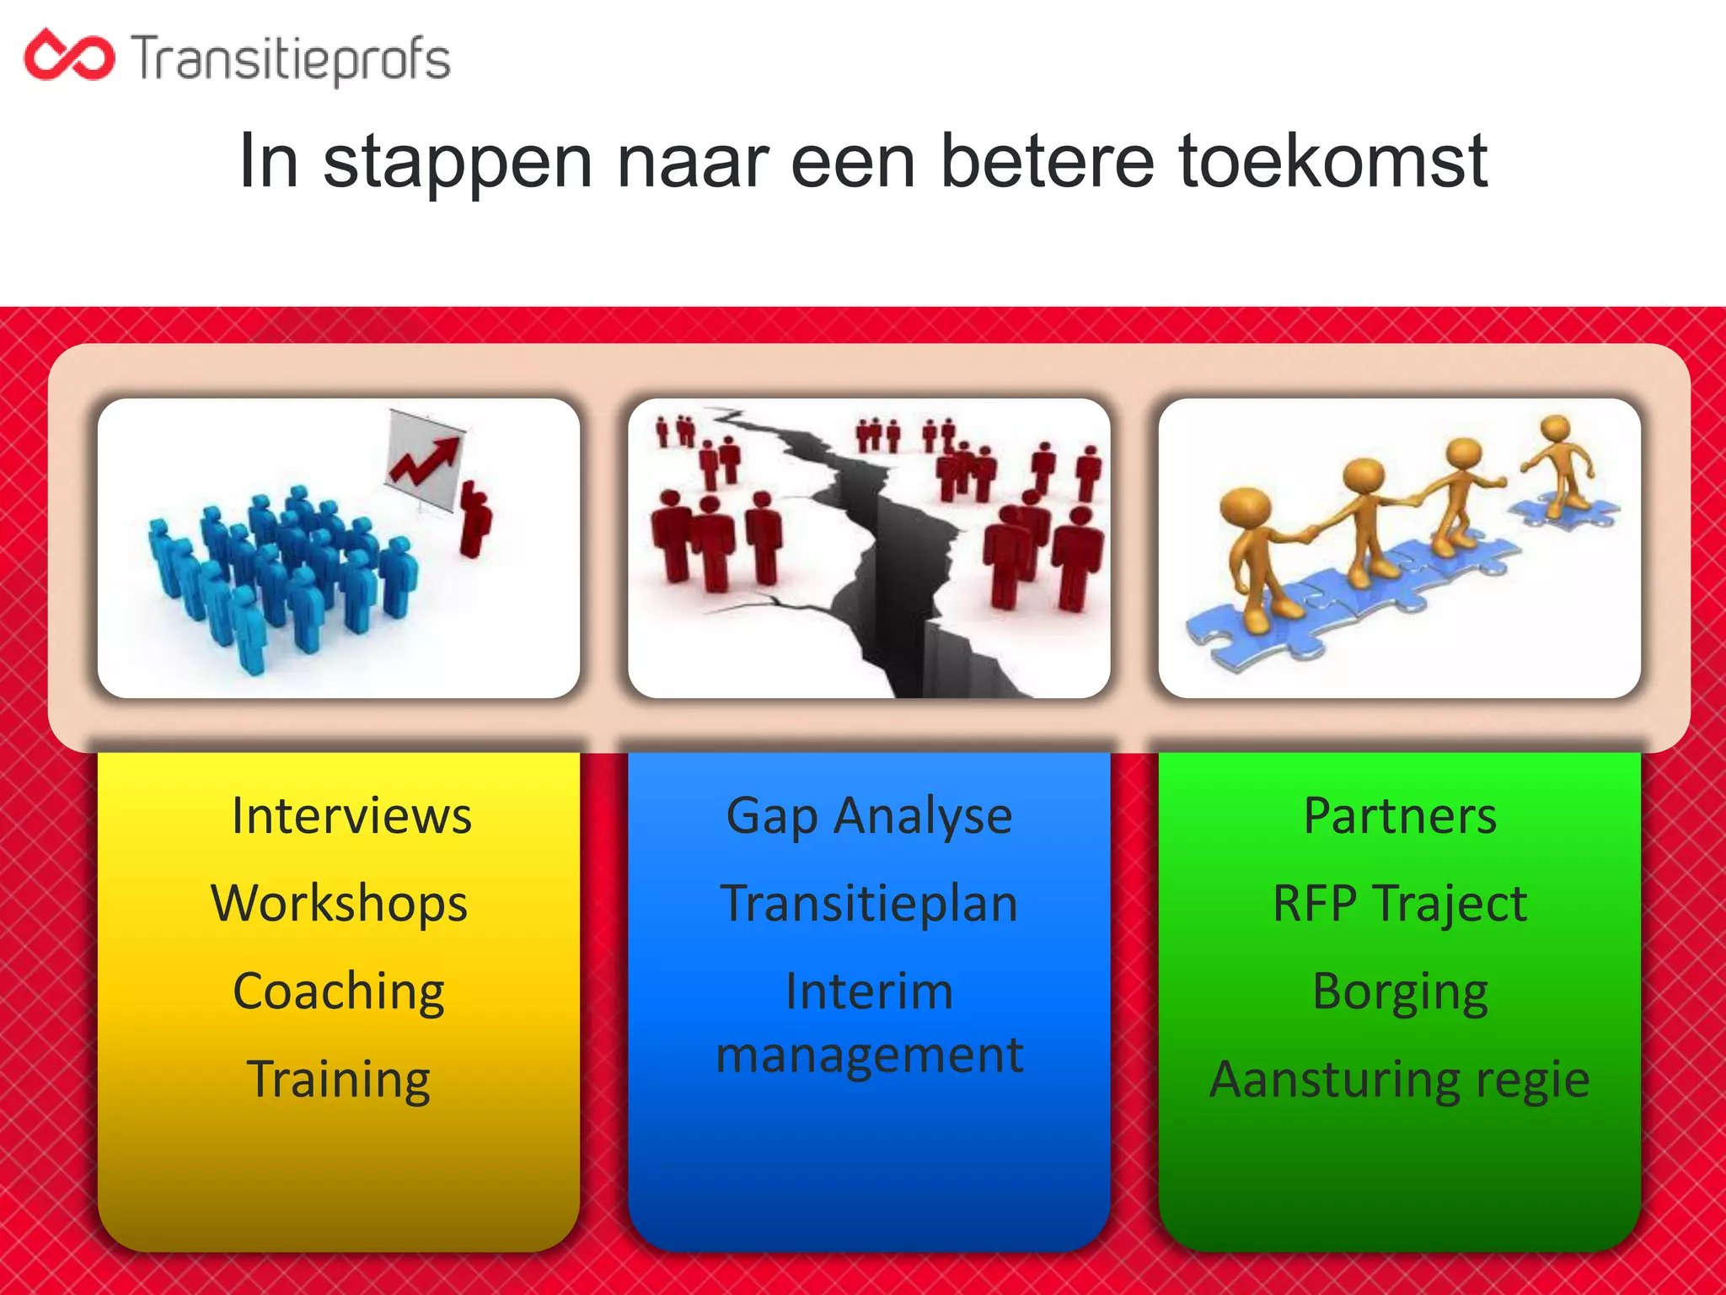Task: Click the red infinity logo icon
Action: click(69, 56)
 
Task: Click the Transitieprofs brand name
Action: click(291, 59)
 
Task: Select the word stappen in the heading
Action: click(458, 163)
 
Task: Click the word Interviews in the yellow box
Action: click(351, 816)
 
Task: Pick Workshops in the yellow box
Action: click(339, 904)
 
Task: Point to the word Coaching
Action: click(339, 991)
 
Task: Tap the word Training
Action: click(339, 1079)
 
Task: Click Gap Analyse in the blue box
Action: click(869, 816)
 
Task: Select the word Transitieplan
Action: click(869, 904)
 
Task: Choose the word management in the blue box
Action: click(869, 1056)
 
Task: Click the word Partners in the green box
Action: click(1400, 816)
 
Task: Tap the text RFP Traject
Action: click(1400, 904)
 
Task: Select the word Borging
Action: click(1400, 991)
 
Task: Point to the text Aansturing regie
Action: click(1400, 1079)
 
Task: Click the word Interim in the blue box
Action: click(869, 991)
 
